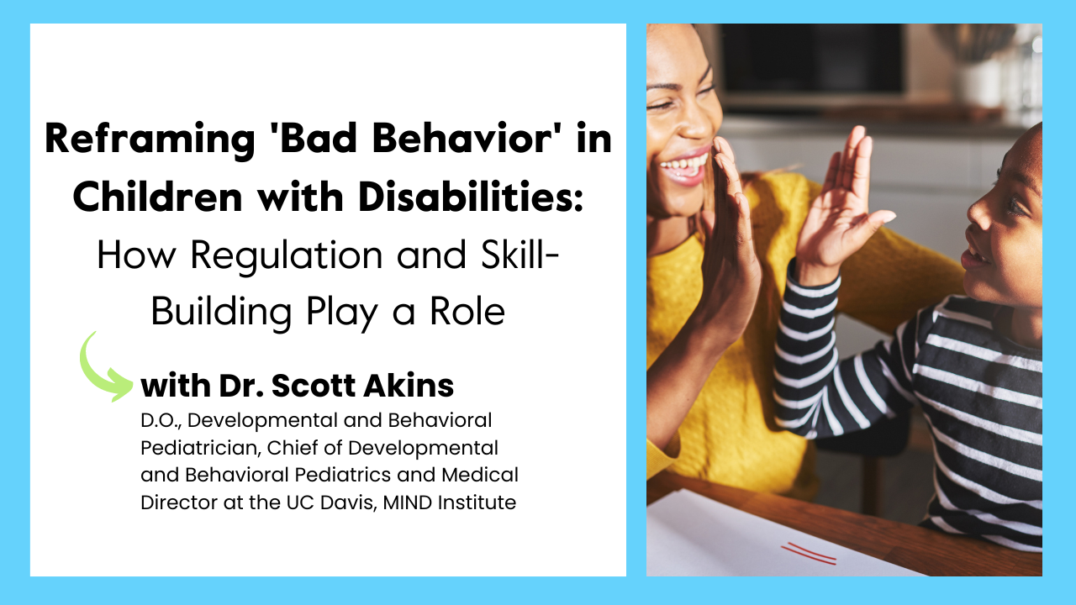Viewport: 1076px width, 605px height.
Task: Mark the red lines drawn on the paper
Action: coord(809,553)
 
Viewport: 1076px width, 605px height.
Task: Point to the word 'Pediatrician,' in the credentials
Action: coord(195,447)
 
